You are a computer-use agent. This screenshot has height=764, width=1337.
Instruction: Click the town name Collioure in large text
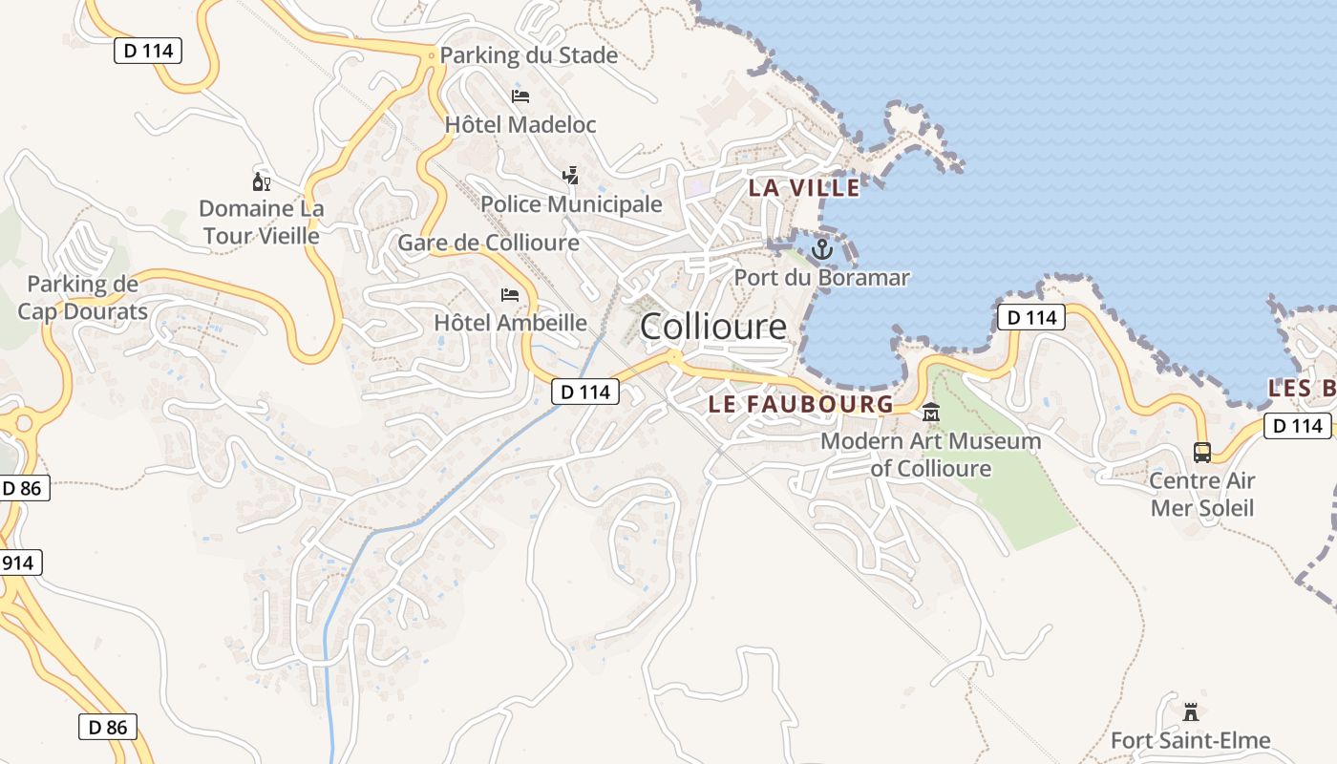[713, 327]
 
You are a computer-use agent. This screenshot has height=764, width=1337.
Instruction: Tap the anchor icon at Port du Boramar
[821, 250]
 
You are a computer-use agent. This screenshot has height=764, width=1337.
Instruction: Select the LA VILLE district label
[804, 188]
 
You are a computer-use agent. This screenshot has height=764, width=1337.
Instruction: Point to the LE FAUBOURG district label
[800, 404]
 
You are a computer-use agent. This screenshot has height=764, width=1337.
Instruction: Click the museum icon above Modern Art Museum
[930, 414]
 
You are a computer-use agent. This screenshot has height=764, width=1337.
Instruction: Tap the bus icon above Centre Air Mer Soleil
[1201, 453]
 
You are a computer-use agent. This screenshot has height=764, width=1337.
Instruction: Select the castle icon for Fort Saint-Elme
[1190, 711]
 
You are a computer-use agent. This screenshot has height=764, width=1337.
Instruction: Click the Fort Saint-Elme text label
[1190, 740]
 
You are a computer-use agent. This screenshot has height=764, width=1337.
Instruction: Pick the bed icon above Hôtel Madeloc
[520, 96]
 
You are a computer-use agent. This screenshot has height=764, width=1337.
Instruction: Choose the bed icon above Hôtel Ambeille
[510, 295]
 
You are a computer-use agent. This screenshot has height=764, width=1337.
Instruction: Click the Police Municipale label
[571, 204]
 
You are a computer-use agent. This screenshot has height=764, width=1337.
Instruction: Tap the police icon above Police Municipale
[570, 176]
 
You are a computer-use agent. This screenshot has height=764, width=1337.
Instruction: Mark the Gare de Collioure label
[488, 243]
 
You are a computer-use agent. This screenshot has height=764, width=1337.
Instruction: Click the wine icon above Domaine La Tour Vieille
[261, 181]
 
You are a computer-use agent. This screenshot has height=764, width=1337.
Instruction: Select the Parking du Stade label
[528, 55]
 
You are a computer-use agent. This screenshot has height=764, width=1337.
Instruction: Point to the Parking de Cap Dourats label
[82, 298]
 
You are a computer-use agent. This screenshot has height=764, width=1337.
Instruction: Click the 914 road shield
[18, 562]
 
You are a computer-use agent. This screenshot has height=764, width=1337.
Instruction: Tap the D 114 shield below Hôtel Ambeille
[584, 391]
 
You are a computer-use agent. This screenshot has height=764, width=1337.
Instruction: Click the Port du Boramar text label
[821, 278]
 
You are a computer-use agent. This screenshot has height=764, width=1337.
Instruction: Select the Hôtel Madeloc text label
[520, 125]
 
